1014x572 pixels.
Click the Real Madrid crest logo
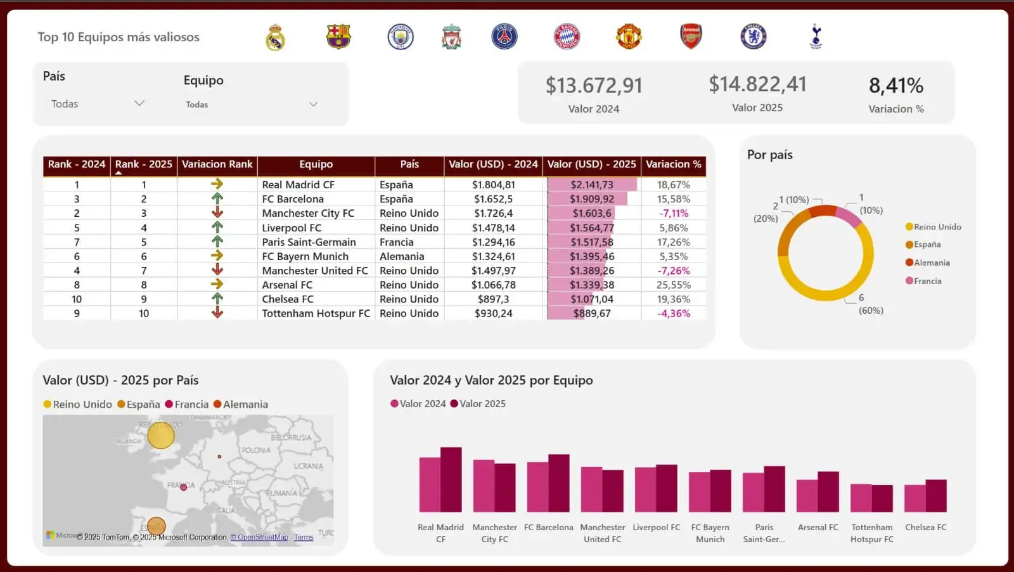click(275, 37)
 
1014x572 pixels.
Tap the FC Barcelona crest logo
click(338, 37)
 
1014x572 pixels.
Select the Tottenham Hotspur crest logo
click(816, 36)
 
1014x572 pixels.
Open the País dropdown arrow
click(139, 103)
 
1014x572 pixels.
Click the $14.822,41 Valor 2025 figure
click(757, 84)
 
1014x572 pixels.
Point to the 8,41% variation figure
click(895, 86)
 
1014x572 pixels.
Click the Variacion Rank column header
click(217, 164)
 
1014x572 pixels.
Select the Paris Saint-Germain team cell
click(309, 242)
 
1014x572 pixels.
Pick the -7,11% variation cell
click(673, 214)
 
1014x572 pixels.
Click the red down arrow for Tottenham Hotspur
click(217, 313)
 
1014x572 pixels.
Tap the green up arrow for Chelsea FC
click(217, 298)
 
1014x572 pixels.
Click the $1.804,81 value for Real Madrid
click(493, 185)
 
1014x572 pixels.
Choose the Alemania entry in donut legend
click(931, 263)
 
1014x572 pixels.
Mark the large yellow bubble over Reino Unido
click(161, 436)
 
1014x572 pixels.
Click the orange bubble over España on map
click(156, 526)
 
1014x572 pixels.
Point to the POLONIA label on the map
click(256, 450)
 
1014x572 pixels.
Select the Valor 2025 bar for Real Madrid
click(451, 480)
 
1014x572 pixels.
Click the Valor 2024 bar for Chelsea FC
click(915, 498)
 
